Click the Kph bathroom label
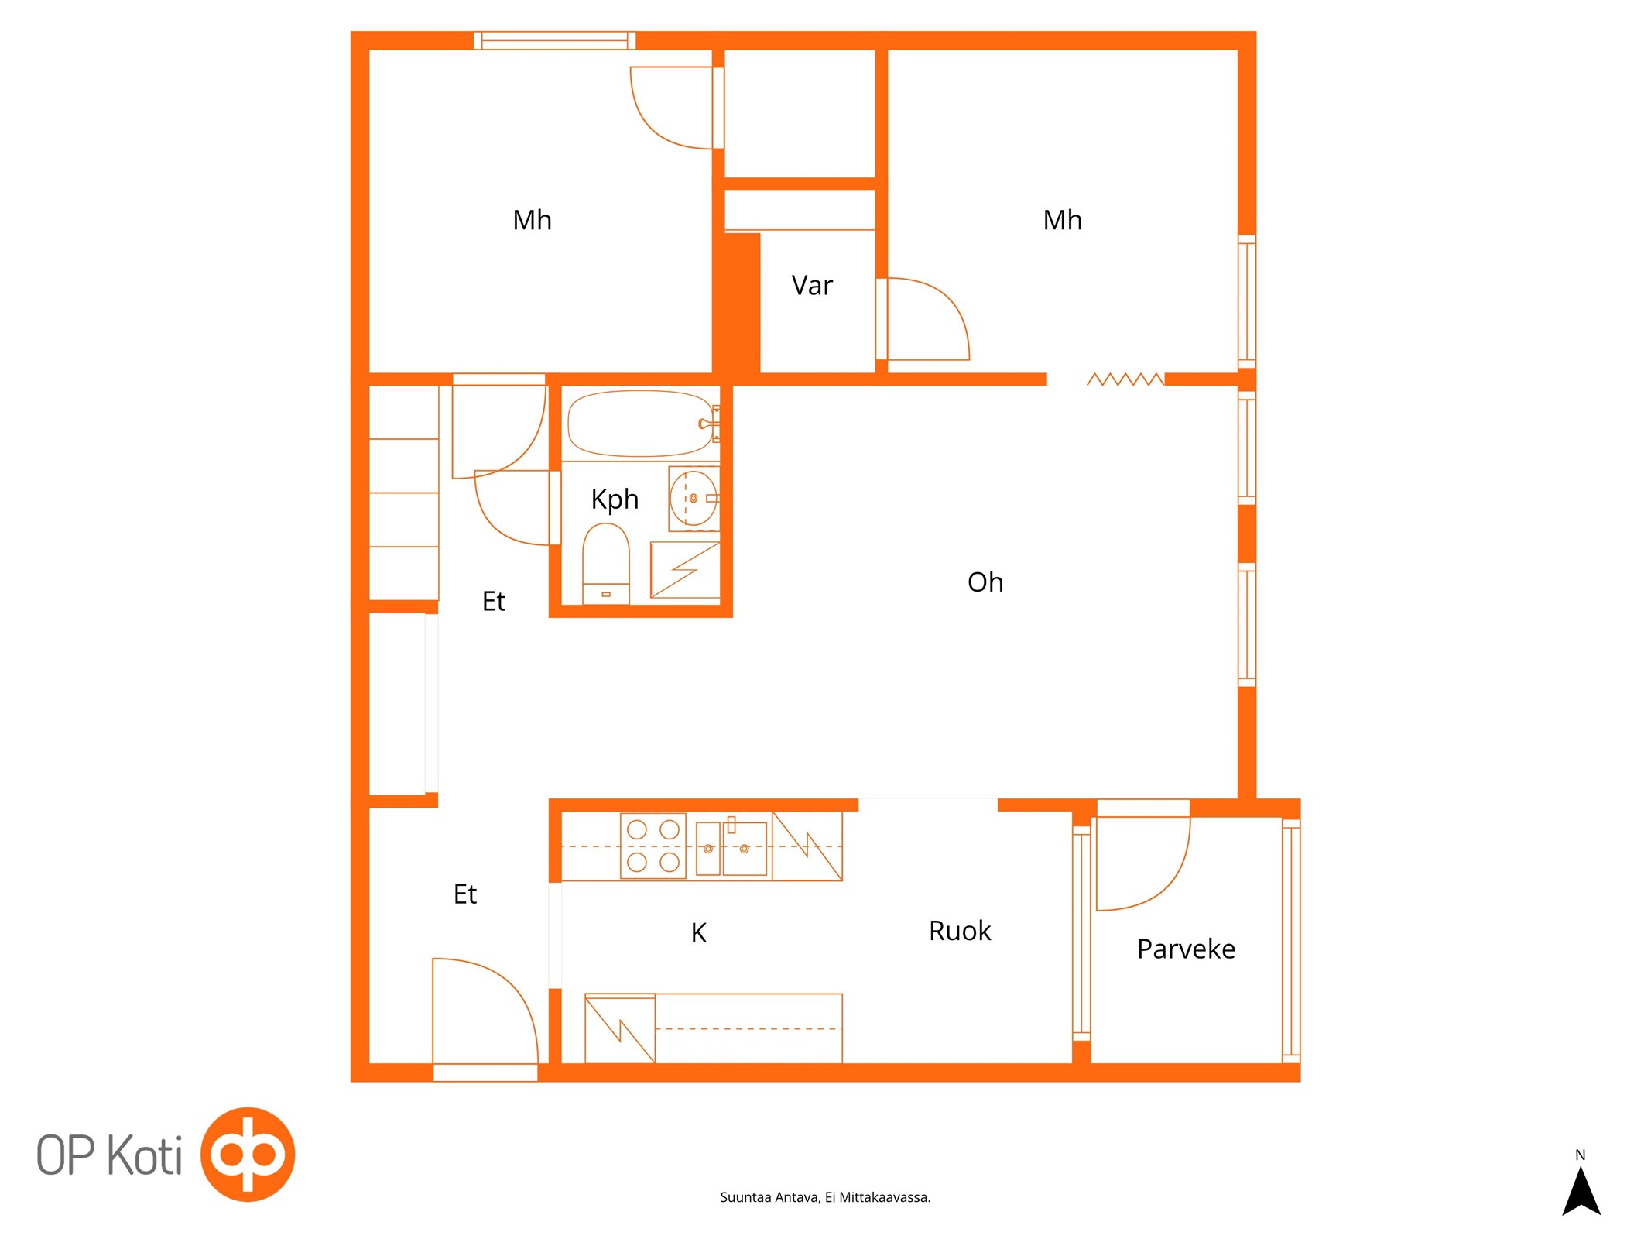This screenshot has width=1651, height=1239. click(615, 499)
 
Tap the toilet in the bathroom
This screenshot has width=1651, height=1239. click(605, 564)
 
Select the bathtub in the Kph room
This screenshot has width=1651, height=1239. click(640, 424)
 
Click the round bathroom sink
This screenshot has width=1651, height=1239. click(694, 498)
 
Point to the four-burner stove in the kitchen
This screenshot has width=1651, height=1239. click(653, 846)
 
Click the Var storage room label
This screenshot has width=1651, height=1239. click(812, 286)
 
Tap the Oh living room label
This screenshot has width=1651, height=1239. click(985, 582)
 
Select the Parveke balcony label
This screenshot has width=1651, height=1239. click(1186, 949)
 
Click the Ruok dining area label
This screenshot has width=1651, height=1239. click(960, 931)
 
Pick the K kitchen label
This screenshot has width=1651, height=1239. click(698, 933)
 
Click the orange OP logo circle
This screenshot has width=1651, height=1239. click(248, 1155)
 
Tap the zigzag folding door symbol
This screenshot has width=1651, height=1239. click(1125, 379)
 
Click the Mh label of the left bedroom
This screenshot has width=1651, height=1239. click(533, 221)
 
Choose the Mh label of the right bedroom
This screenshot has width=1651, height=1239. click(1063, 221)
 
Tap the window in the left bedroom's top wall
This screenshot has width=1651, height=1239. click(554, 40)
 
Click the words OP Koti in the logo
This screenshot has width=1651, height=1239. click(110, 1155)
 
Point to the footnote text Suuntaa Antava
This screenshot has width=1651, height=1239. click(769, 1197)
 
